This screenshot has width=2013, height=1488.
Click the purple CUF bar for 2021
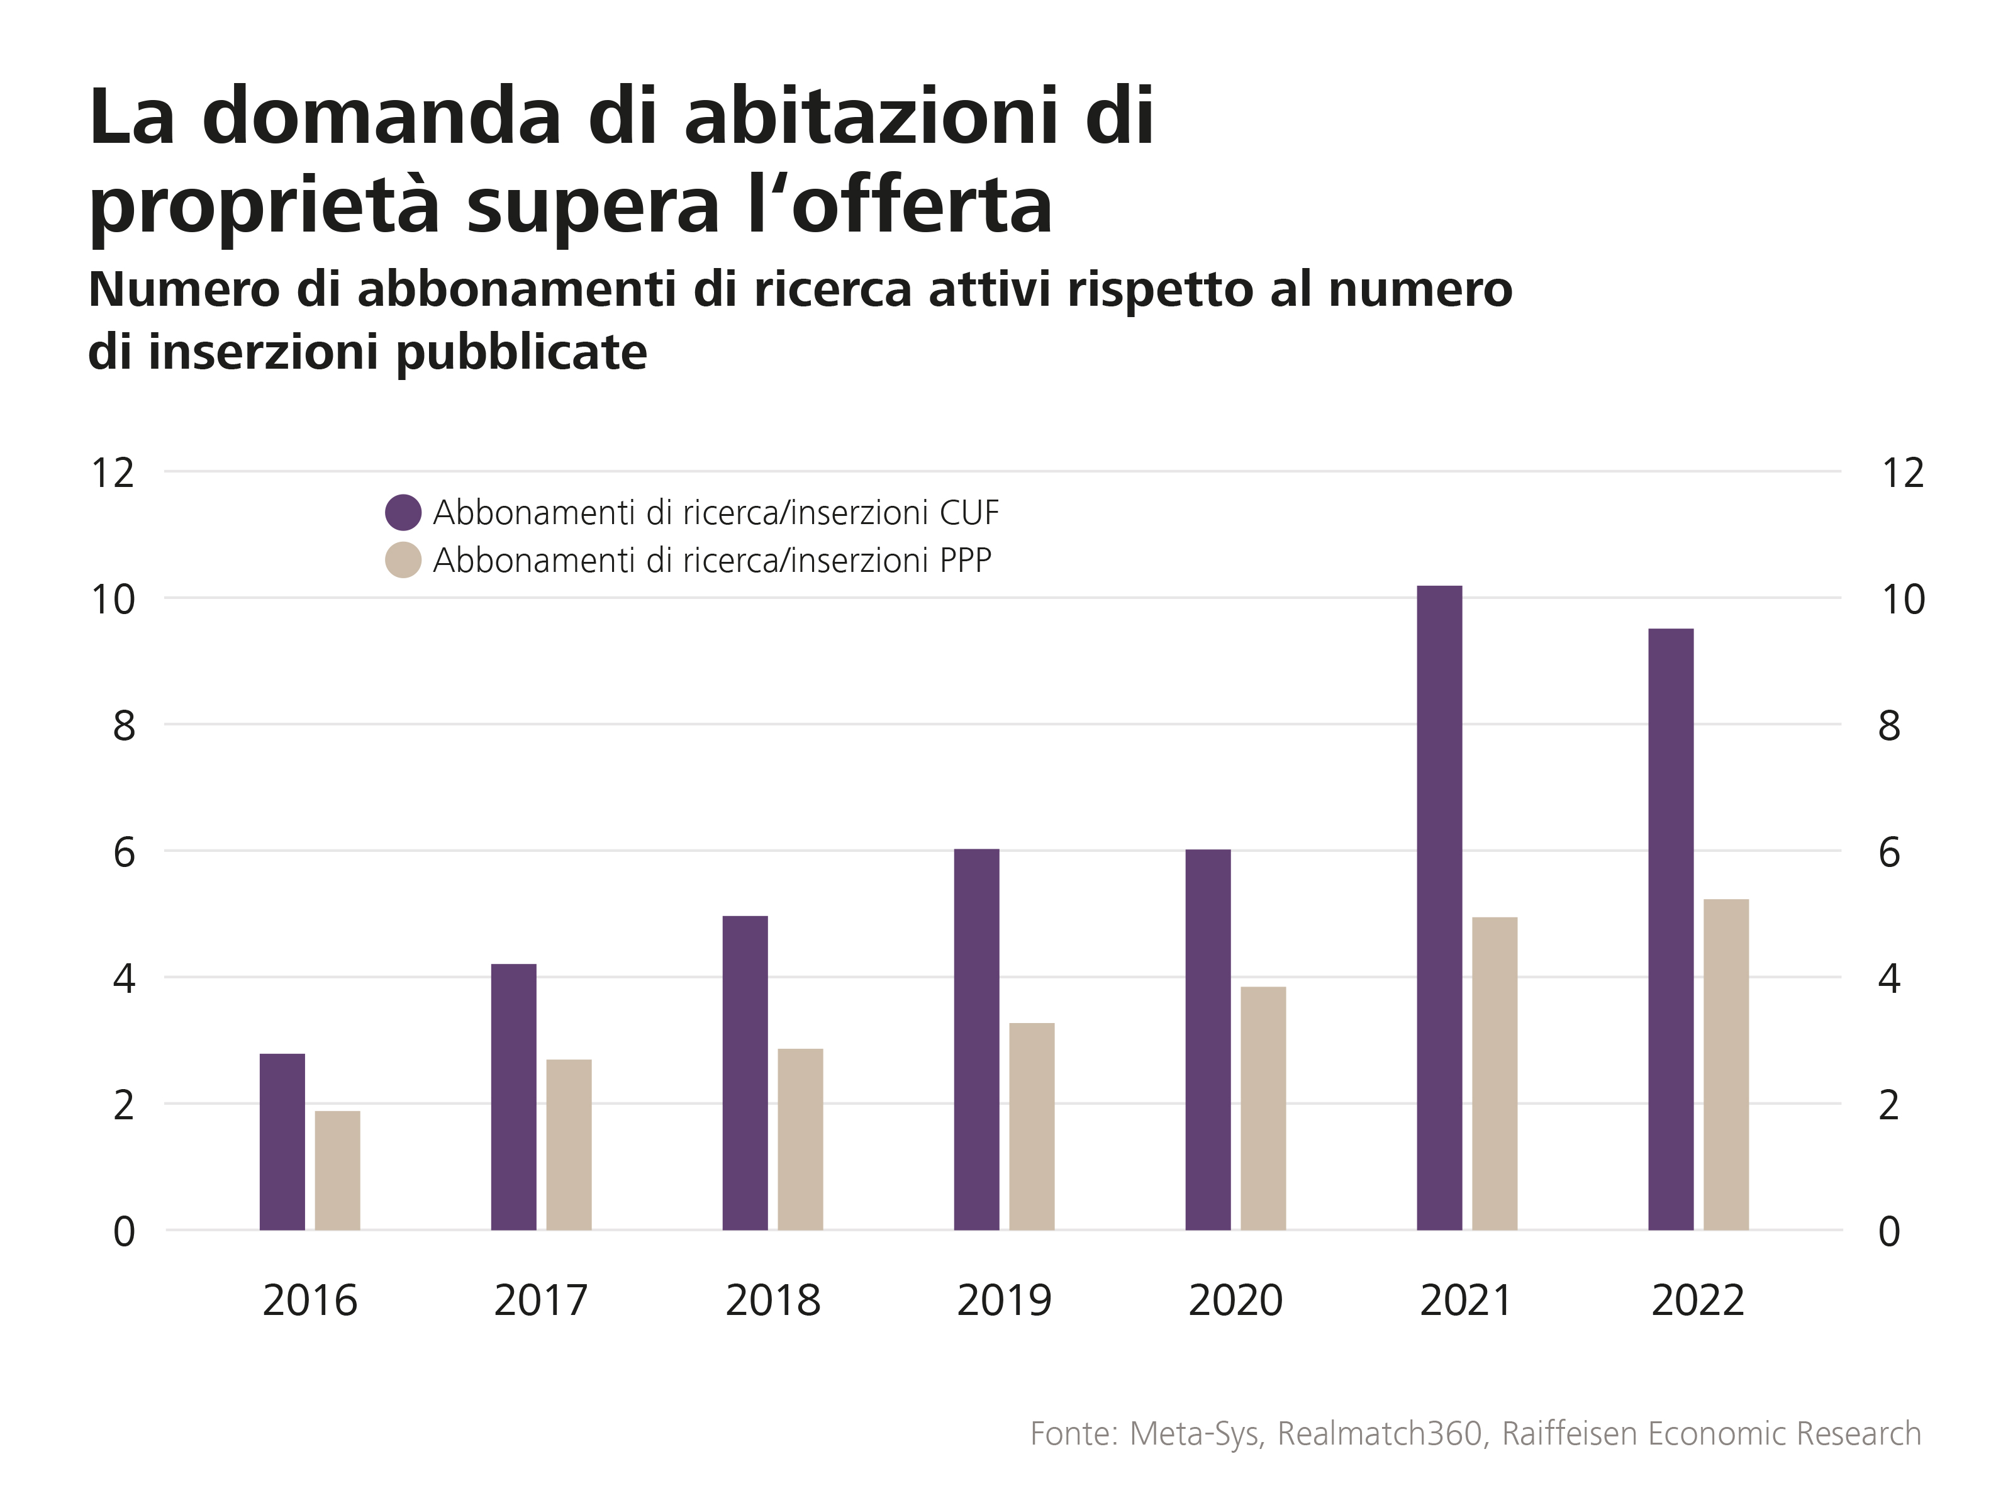click(1439, 907)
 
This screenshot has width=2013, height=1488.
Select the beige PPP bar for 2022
click(1726, 1065)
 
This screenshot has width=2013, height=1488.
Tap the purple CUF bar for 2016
click(282, 1141)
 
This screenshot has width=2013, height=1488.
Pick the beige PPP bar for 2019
click(1031, 1126)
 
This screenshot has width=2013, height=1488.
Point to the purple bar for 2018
click(745, 1072)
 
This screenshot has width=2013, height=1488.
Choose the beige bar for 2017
click(568, 1144)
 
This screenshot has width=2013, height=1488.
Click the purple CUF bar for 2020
click(1208, 1039)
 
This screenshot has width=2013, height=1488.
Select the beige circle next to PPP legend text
click(403, 560)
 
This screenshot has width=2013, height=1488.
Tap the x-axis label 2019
click(1003, 1301)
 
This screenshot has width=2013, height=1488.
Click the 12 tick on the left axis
click(113, 473)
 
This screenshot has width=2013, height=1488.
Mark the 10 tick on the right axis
click(1902, 599)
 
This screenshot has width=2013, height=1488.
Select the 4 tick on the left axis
click(125, 978)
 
